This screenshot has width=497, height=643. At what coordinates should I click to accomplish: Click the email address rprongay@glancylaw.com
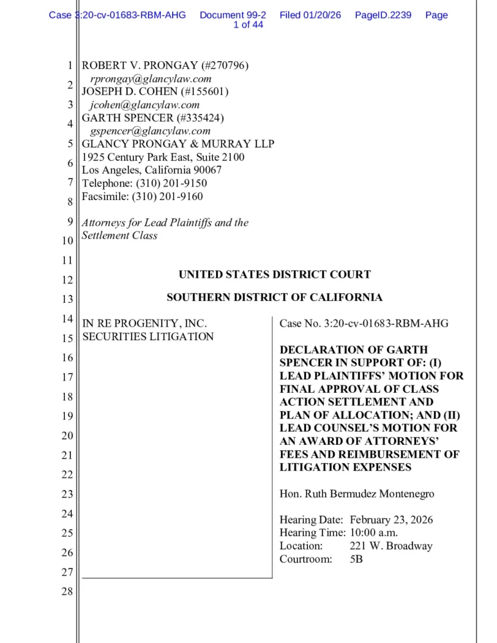[151, 78]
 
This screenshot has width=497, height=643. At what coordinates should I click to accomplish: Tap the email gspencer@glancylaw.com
[150, 131]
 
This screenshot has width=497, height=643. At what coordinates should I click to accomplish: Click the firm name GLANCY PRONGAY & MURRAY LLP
[178, 144]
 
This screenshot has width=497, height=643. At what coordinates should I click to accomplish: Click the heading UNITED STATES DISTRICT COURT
[275, 275]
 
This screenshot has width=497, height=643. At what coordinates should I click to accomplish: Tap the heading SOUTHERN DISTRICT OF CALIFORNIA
[275, 298]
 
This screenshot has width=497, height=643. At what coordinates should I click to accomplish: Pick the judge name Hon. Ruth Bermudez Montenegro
[357, 494]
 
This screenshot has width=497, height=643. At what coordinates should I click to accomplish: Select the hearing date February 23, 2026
[391, 520]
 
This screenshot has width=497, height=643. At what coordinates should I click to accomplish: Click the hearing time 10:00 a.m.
[374, 532]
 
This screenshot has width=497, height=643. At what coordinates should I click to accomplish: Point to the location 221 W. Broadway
[391, 546]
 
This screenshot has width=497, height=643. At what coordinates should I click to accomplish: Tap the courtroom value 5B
[356, 559]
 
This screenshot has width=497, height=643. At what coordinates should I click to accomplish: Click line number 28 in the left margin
[67, 592]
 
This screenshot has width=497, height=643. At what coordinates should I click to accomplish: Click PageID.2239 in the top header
[383, 15]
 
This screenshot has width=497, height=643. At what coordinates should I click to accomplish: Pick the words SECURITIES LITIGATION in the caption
[148, 336]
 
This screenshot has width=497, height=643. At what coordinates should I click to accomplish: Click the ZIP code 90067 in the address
[208, 170]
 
